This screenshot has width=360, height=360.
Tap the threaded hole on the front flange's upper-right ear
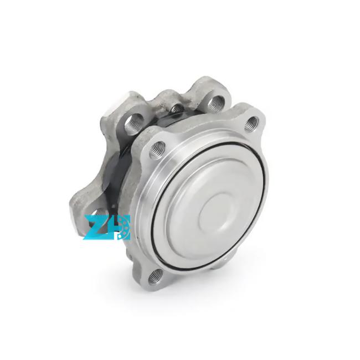(x=251, y=123)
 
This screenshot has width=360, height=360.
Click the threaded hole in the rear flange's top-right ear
(x=216, y=101)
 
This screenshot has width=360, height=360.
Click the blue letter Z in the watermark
(x=94, y=227)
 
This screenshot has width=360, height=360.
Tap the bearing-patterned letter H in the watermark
(x=117, y=227)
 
